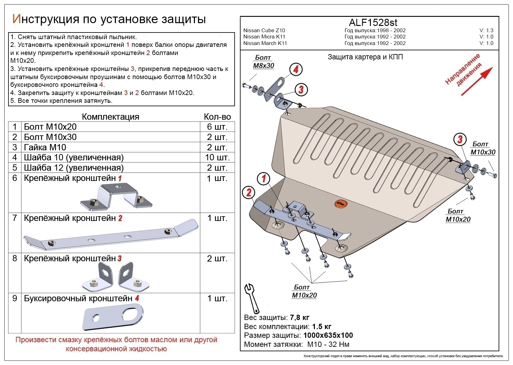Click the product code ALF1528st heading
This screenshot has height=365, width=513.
tap(373, 22)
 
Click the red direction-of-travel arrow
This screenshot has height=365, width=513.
tap(476, 81)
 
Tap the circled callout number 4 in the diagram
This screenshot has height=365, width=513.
tap(296, 69)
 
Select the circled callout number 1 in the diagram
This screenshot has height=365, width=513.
tap(264, 179)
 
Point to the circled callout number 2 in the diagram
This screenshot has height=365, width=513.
tap(249, 192)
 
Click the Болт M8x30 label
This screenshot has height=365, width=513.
tap(263, 62)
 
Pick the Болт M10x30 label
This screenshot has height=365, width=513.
tap(482, 148)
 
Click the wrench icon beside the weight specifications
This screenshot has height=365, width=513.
tap(252, 298)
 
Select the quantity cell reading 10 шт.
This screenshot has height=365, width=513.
tap(217, 157)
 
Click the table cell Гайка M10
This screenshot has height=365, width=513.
tap(45, 147)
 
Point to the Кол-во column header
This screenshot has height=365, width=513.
tap(217, 117)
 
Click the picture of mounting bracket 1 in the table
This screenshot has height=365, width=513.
tap(116, 196)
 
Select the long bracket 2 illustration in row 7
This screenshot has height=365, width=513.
tap(111, 235)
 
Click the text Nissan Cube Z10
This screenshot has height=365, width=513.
tap(264, 30)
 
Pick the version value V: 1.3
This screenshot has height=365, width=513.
tap(486, 30)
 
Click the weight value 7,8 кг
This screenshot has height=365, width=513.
tap(299, 317)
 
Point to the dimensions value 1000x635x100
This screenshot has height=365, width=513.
tap(328, 335)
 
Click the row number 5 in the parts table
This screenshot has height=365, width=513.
tap(15, 168)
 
